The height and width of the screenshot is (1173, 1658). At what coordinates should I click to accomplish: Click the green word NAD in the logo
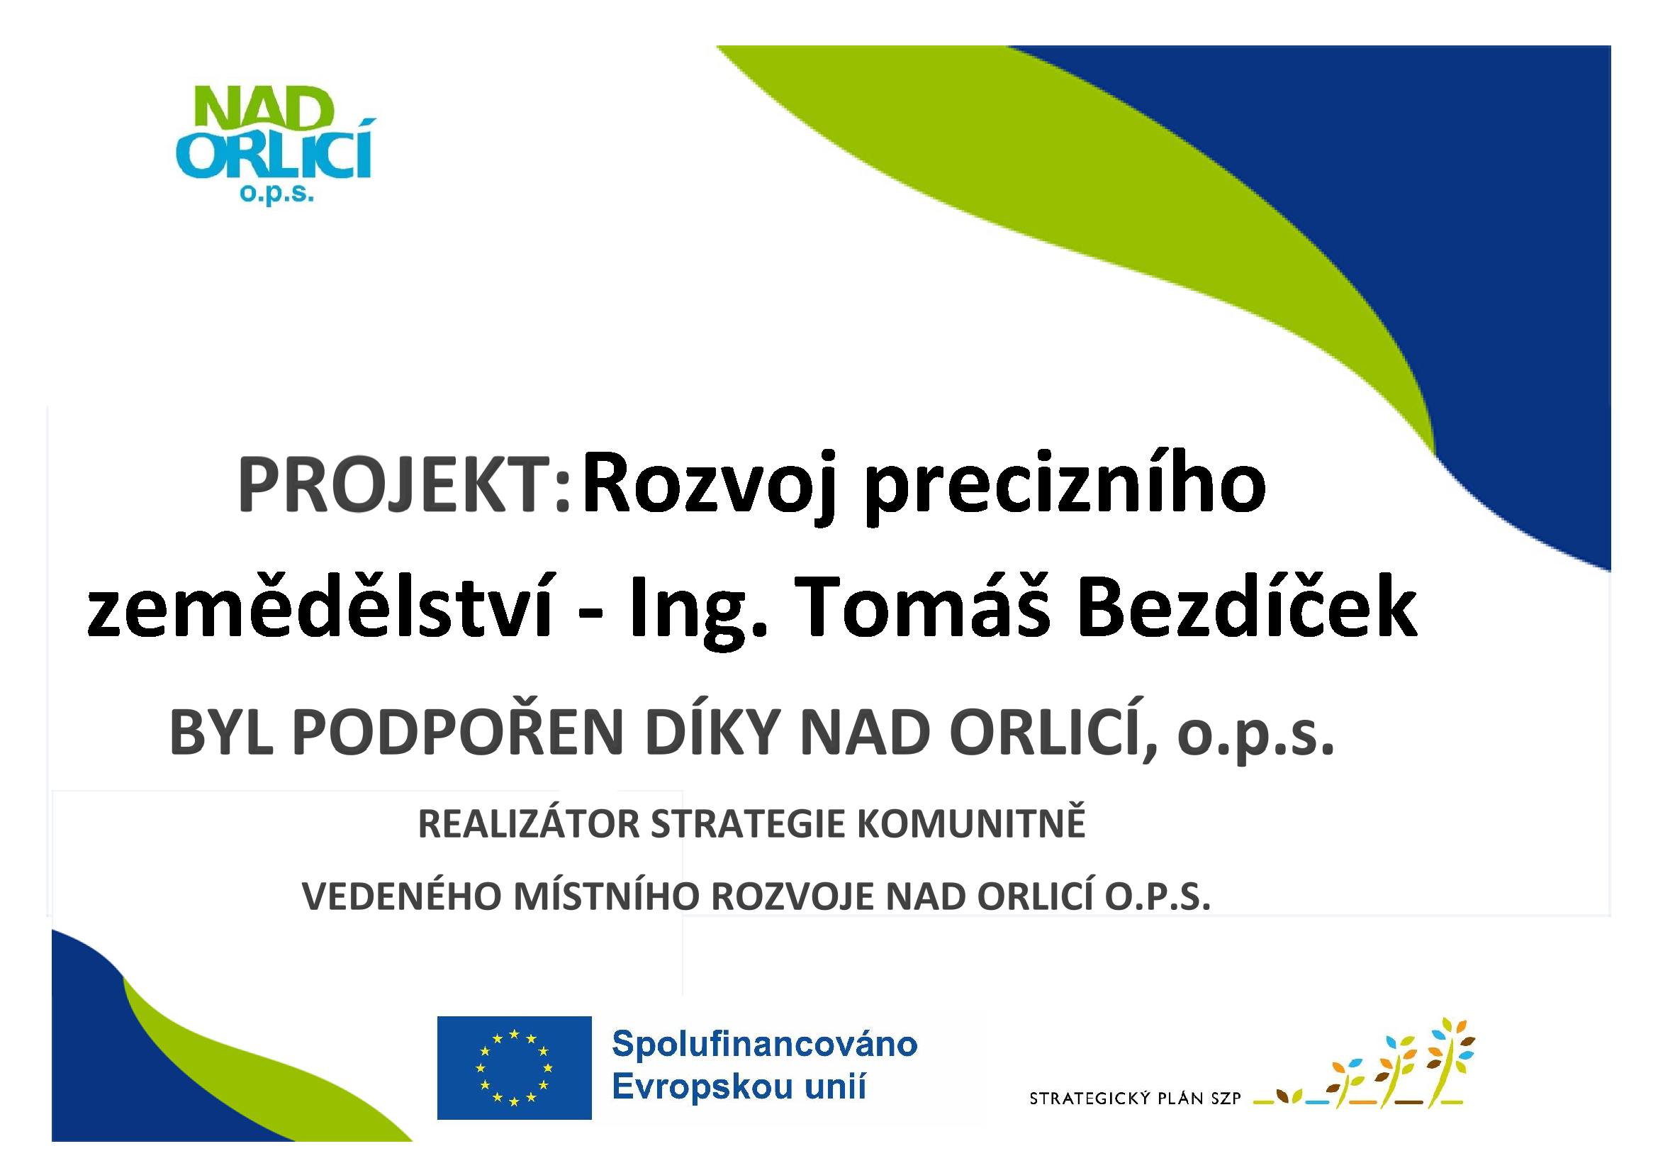tap(265, 109)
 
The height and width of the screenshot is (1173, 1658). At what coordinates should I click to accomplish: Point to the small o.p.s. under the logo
tap(277, 194)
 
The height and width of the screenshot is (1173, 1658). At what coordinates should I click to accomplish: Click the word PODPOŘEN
tap(458, 731)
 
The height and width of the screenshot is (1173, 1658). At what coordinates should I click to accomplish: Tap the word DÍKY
tap(712, 731)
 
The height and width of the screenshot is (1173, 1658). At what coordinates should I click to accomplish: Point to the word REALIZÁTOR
tap(530, 824)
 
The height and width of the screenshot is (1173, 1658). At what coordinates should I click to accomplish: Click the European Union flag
tap(514, 1067)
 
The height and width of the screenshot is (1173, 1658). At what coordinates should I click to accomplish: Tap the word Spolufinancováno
tap(765, 1045)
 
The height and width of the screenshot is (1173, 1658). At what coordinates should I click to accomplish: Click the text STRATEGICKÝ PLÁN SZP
tap(1134, 1099)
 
